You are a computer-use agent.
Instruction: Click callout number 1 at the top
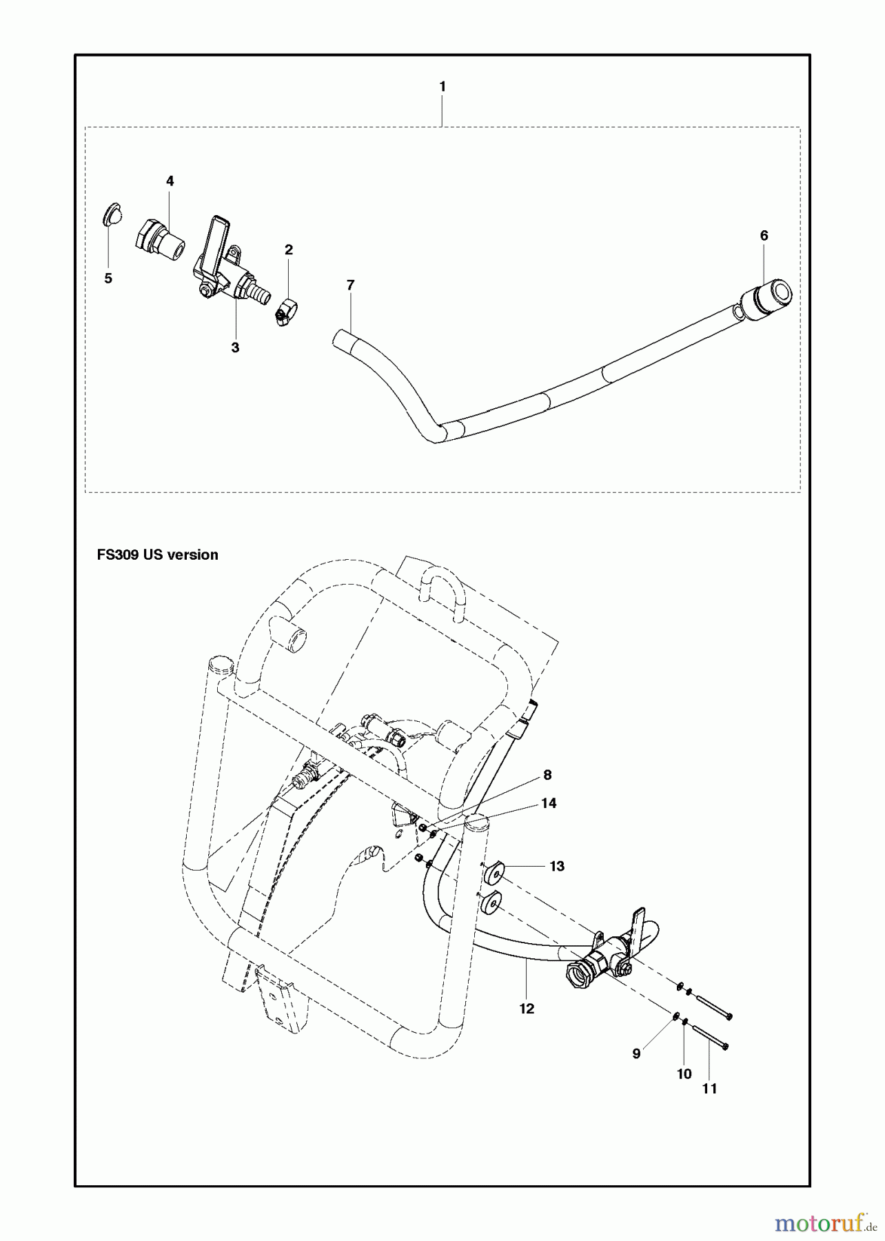point(443,87)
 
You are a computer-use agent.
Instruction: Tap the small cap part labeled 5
point(112,214)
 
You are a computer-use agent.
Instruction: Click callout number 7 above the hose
point(350,285)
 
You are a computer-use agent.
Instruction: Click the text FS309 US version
point(158,555)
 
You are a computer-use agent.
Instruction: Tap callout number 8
point(547,775)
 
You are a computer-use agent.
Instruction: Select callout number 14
point(549,803)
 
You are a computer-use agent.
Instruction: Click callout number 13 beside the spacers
point(557,866)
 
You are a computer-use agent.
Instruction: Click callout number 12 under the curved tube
point(527,1009)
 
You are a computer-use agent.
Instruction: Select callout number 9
point(636,1053)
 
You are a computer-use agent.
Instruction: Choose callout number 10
point(684,1074)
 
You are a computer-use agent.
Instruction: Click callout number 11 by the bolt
point(709,1089)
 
